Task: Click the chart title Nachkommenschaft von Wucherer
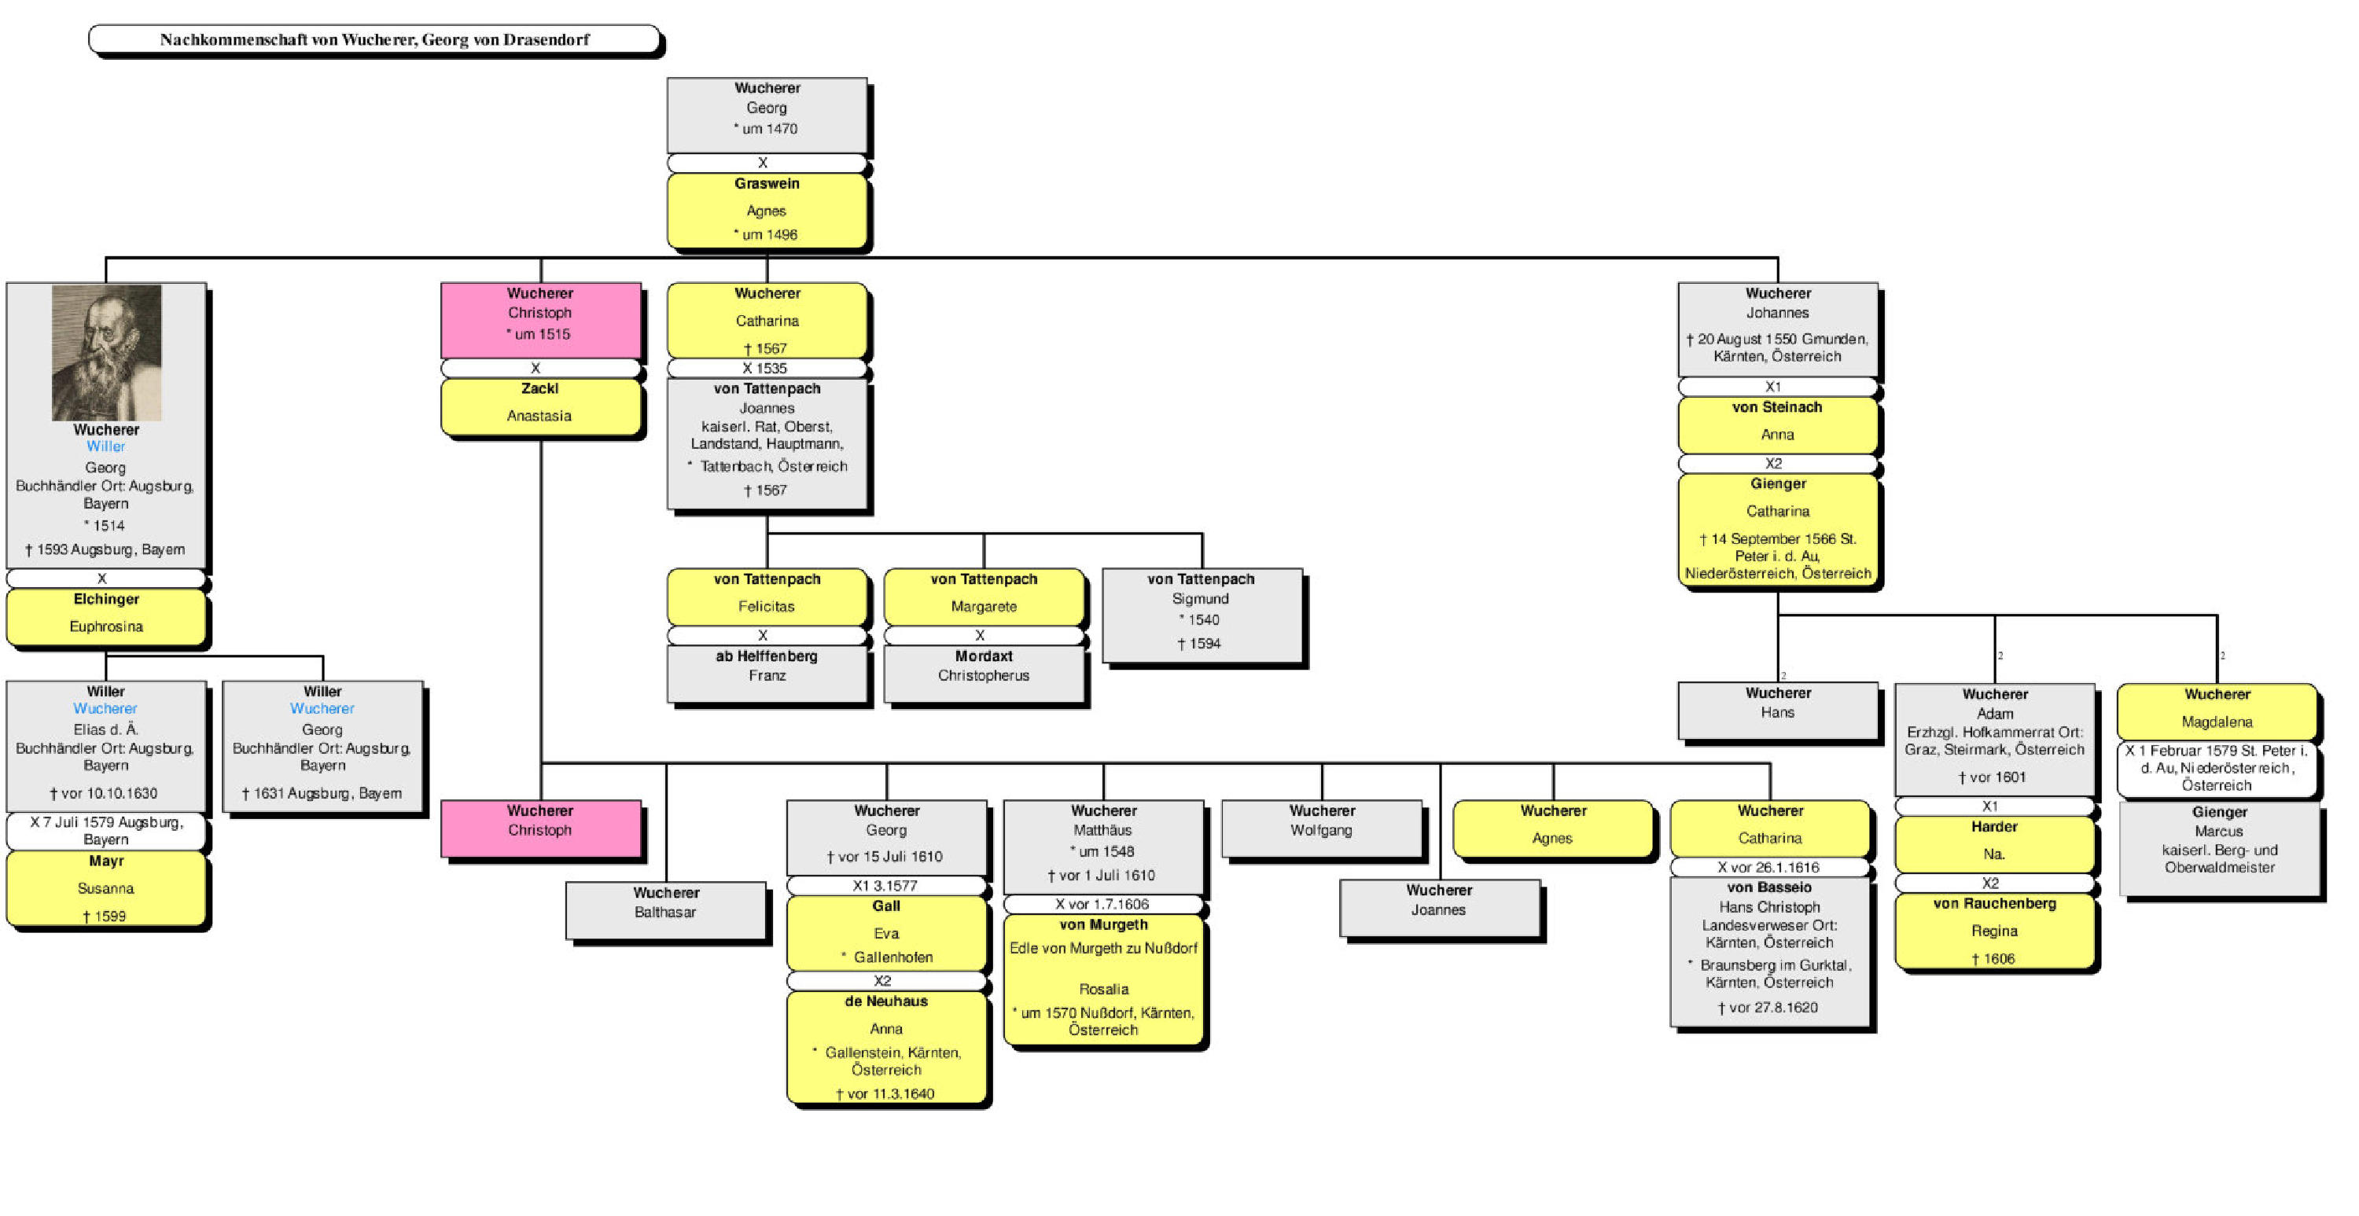[374, 39]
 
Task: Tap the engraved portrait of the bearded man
[106, 352]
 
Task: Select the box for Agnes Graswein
[767, 210]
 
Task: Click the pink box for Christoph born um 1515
[540, 320]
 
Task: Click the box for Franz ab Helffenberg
[767, 673]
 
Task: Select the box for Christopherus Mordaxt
[984, 673]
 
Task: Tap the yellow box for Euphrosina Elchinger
[106, 616]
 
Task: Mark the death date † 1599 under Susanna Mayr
[105, 916]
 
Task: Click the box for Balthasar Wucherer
[666, 909]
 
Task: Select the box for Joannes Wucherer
[1439, 906]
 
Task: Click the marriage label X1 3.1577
[885, 885]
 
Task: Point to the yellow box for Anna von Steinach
[1776, 424]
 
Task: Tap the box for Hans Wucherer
[1776, 710]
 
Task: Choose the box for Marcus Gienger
[2219, 848]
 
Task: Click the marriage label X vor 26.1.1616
[1768, 867]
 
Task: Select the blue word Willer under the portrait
[105, 446]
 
